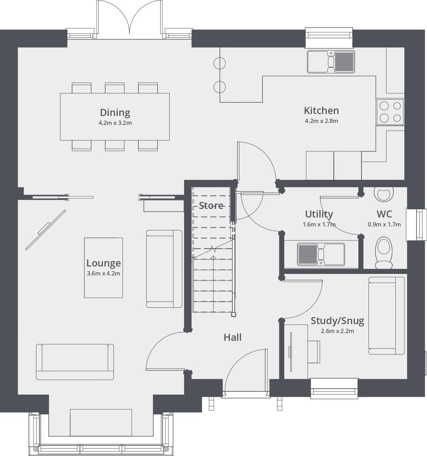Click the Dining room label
click(115, 112)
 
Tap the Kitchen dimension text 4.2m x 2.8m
click(321, 121)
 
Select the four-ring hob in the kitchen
click(390, 112)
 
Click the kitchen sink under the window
click(331, 61)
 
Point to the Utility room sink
click(321, 254)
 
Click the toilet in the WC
click(384, 253)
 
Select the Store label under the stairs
click(211, 205)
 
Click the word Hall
click(232, 337)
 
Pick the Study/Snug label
click(337, 321)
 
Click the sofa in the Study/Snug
click(386, 316)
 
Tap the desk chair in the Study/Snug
click(314, 352)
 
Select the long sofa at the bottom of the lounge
click(75, 361)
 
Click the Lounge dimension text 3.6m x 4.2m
click(103, 274)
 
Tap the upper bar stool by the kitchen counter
click(220, 63)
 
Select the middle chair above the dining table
click(115, 88)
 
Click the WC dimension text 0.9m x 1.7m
click(384, 224)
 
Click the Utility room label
click(319, 214)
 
